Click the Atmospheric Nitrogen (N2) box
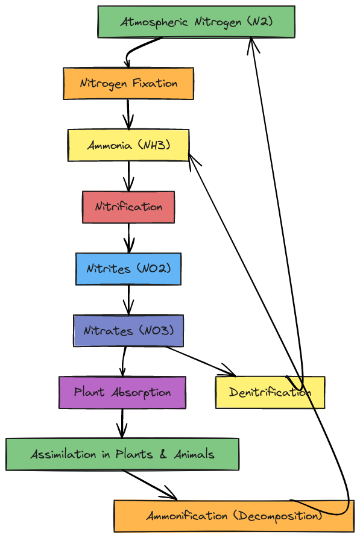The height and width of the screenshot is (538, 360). pos(196,22)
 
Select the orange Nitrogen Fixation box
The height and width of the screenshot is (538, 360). pos(128,84)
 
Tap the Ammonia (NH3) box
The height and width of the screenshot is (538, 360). pos(128,145)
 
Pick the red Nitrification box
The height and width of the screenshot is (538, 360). pos(128,207)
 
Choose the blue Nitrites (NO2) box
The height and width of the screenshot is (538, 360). pos(128,269)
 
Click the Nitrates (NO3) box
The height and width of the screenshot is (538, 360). pos(128,331)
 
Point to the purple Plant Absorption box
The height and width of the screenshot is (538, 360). pos(122,393)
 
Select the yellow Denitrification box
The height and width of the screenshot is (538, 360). pos(270,393)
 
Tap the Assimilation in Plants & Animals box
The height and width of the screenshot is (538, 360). pos(122,454)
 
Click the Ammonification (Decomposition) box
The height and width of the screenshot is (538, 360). pos(234,516)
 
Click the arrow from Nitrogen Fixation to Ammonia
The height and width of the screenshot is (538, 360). pos(128,114)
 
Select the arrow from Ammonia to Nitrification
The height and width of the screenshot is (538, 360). pos(129,177)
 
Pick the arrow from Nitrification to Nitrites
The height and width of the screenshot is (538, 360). pos(129,238)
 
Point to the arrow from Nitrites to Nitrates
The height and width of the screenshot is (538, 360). pos(129,300)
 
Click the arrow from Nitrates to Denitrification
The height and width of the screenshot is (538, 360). pos(201,361)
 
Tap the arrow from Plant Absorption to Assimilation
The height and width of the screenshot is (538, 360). pos(122,424)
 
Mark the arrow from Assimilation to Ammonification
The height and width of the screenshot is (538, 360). pos(150,485)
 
